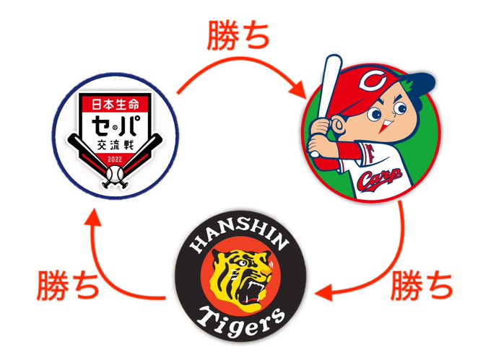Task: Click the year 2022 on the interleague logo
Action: coord(116,158)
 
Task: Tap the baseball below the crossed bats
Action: coord(116,174)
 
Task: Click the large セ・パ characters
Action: coord(116,127)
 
